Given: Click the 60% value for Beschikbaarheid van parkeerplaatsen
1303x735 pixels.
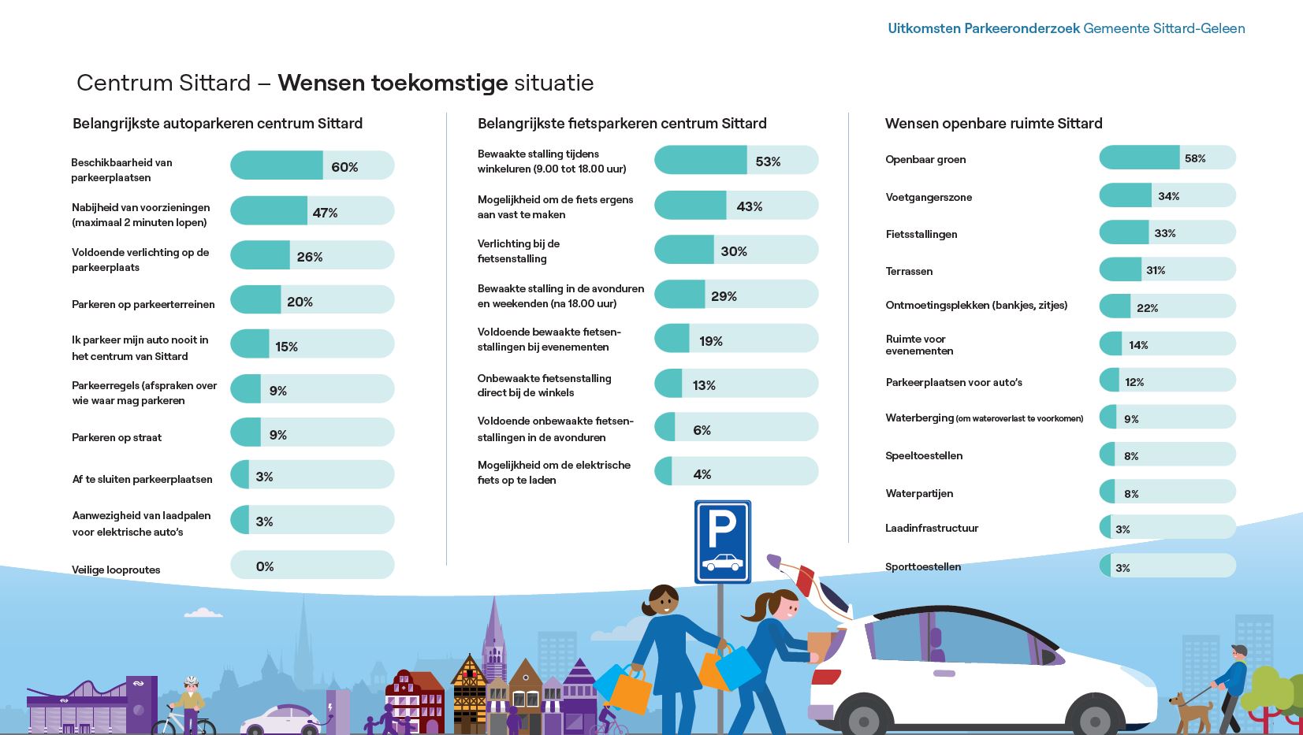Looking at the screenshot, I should tap(344, 167).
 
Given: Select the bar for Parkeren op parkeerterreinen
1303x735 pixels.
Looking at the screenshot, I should tap(312, 300).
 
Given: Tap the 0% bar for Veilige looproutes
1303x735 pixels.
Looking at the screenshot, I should tap(312, 565).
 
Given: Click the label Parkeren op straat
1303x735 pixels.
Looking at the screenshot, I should tap(117, 437).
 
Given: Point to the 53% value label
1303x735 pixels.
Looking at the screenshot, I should tap(768, 161).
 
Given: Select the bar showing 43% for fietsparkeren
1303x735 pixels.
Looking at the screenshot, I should tap(736, 206).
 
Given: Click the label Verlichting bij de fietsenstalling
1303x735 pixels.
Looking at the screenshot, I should tap(519, 251).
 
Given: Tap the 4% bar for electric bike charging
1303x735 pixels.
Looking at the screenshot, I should tap(736, 471).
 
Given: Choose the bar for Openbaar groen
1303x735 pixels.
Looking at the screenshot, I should tap(1167, 158).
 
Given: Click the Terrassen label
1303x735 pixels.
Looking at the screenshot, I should tap(909, 271).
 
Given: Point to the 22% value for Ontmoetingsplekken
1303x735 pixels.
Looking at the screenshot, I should tap(1147, 308).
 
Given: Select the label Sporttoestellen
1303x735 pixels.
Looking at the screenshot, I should tap(923, 566).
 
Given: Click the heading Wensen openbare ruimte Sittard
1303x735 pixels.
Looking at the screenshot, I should tap(993, 124).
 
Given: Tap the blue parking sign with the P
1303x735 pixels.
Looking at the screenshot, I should tap(722, 542).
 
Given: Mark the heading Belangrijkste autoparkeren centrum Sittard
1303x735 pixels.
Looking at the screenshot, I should tap(218, 124).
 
